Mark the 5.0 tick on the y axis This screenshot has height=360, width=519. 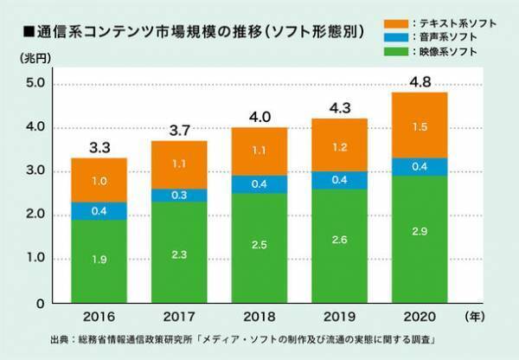[x=36, y=84]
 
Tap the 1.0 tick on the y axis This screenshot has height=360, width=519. [x=36, y=259]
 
